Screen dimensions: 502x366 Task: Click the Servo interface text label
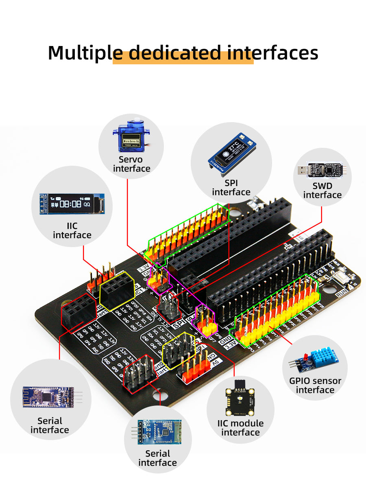131,164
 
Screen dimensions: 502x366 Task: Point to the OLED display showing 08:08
72,204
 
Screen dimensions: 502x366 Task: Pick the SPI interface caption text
231,188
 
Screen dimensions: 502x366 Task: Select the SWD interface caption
322,191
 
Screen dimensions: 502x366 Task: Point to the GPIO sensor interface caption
315,386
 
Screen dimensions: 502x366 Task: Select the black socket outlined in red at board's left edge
78,313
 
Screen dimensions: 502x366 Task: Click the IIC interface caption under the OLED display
72,230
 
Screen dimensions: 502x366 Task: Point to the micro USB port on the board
255,201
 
